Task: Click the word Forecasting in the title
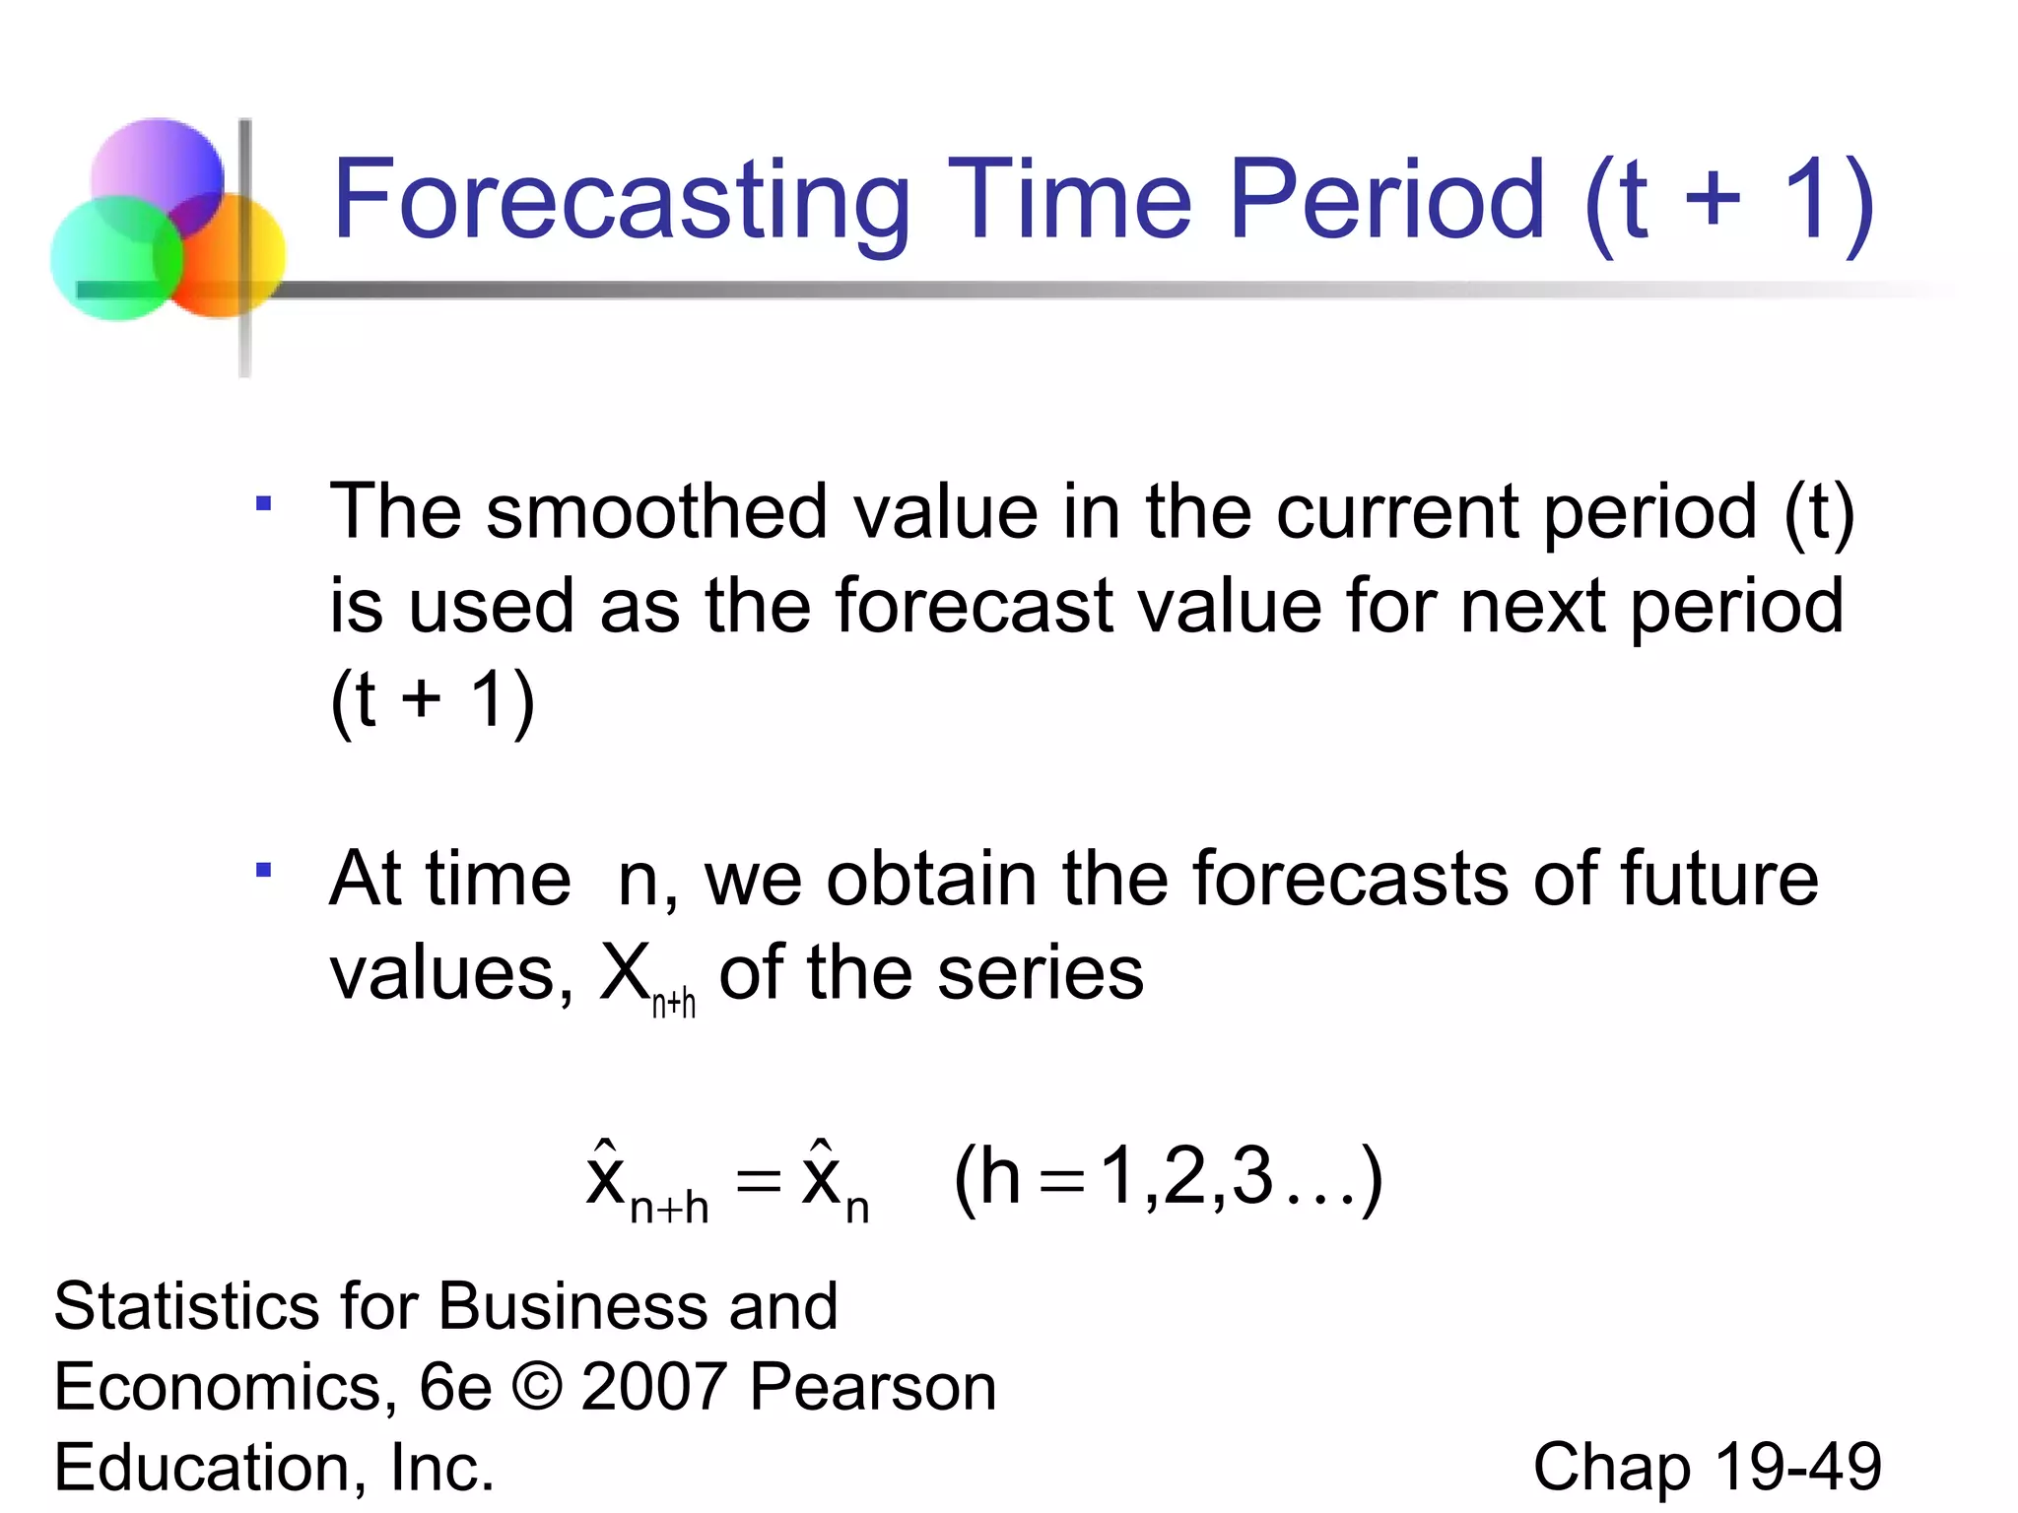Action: (621, 202)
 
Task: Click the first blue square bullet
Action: (263, 504)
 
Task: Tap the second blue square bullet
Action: (263, 870)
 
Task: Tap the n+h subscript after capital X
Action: (674, 1004)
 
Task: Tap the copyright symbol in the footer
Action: (537, 1387)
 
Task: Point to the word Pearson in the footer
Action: (873, 1387)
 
